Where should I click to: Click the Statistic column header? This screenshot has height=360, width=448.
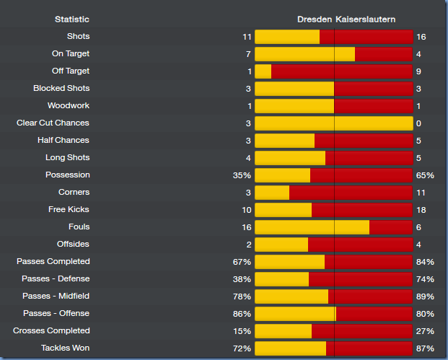(72, 19)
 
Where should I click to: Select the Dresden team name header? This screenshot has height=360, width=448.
(315, 19)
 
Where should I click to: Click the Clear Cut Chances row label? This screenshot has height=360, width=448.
(53, 123)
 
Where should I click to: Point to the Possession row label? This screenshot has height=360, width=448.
(67, 175)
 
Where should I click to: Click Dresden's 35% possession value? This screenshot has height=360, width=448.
(242, 175)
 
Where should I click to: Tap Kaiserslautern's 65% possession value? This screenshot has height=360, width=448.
(425, 175)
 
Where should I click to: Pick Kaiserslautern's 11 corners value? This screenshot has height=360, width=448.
(421, 193)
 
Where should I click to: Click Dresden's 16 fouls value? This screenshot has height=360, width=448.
(246, 227)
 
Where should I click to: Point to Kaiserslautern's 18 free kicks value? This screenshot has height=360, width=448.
(421, 210)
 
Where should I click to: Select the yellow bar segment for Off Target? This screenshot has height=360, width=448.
(263, 71)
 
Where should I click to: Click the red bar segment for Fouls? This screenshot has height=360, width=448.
(390, 227)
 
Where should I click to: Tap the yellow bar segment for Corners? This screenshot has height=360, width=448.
(272, 193)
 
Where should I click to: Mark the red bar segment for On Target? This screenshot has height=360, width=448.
(384, 54)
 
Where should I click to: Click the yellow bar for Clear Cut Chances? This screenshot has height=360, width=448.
(333, 123)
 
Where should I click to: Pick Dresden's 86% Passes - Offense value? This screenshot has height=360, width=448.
(242, 314)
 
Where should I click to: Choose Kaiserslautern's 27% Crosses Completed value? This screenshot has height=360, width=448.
(425, 331)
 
